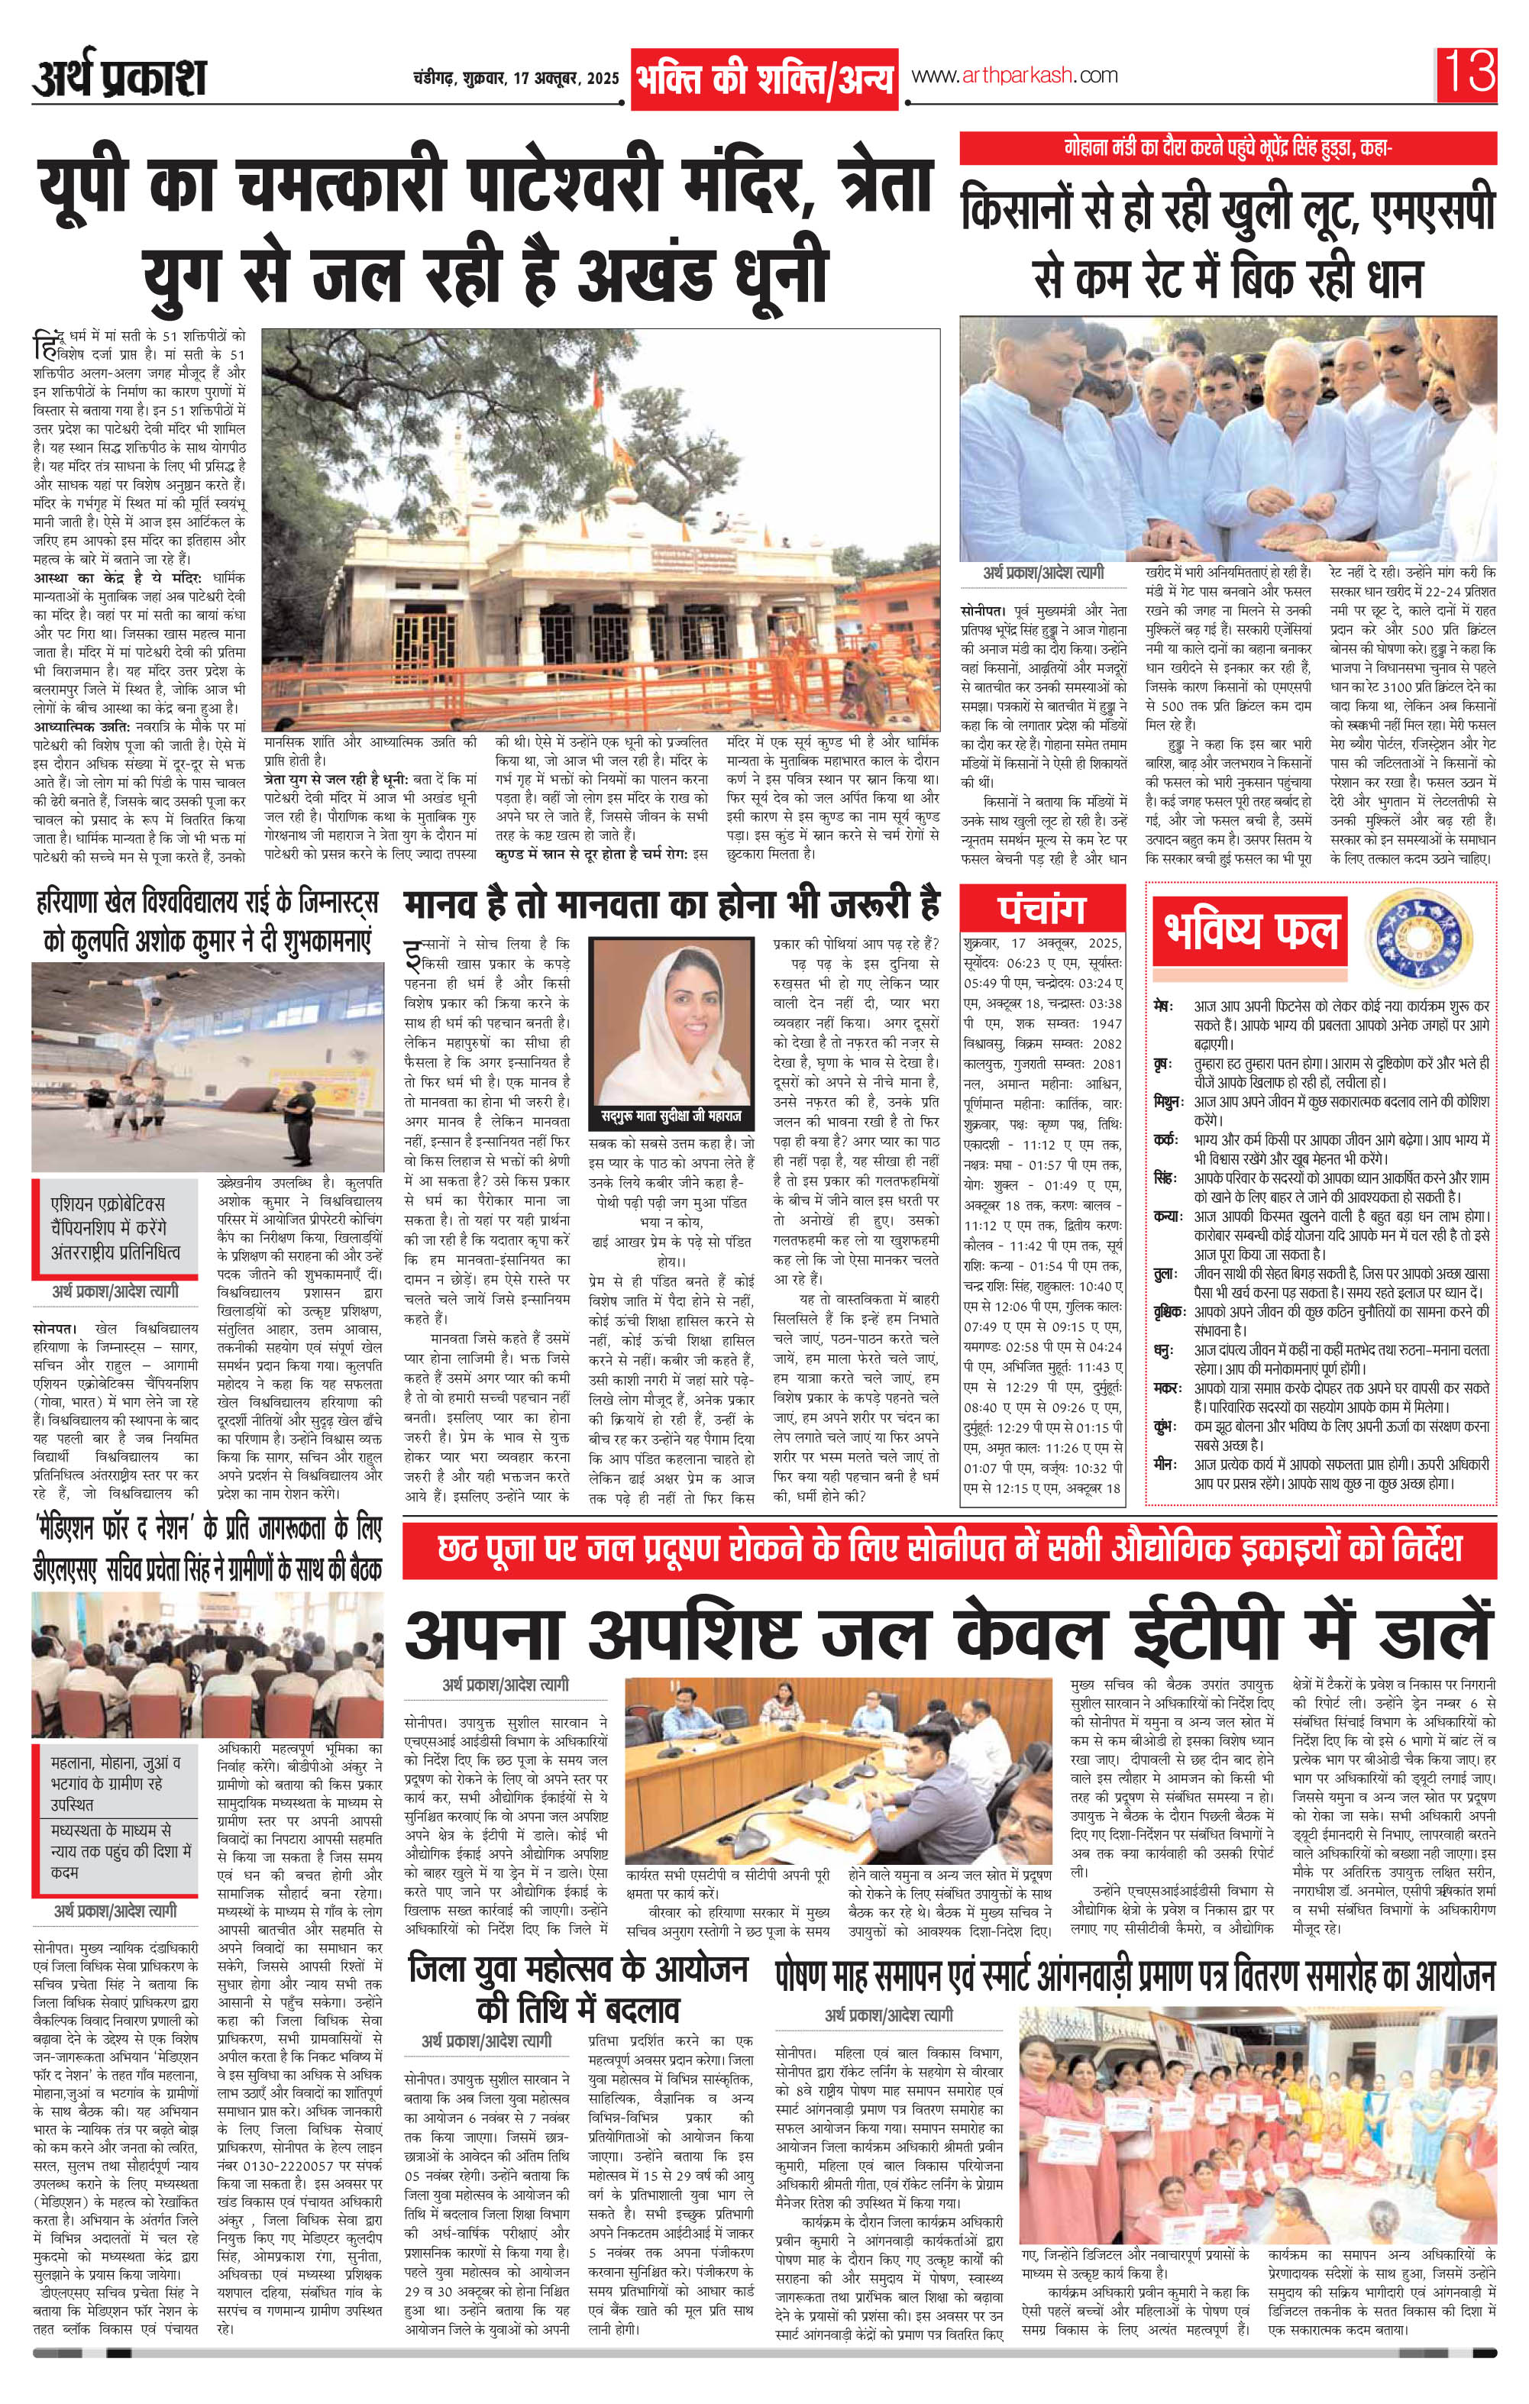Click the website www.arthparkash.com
1013,76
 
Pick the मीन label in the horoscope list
1162,1465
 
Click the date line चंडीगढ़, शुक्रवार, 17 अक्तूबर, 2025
516,79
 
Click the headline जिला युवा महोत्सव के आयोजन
578,1972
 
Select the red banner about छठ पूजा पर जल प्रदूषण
949,1550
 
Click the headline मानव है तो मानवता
671,906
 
